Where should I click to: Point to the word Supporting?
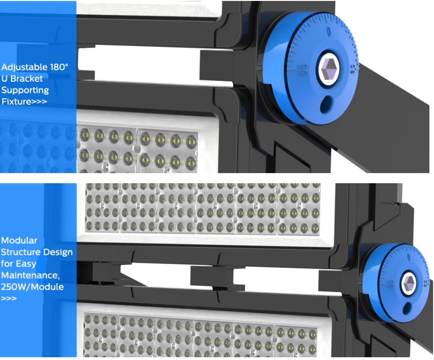click(x=25, y=90)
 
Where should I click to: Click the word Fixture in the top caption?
click(x=16, y=101)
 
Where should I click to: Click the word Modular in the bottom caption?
click(x=19, y=241)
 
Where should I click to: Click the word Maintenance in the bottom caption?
click(x=29, y=276)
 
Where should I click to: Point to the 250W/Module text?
click(x=32, y=287)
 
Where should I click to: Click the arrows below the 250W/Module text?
click(x=9, y=298)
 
